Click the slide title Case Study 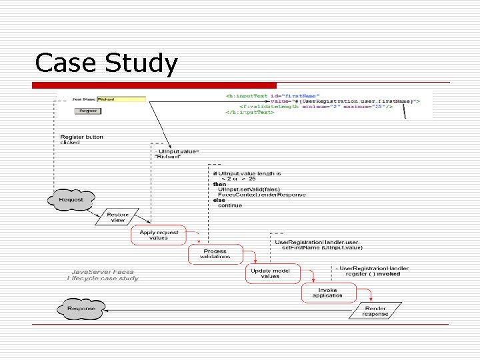107,64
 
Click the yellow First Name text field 121,99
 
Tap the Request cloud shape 71,199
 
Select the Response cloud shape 81,309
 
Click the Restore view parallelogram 117,217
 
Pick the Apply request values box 159,235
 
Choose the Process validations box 214,253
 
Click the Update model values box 270,273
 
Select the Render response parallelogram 375,311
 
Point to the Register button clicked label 81,139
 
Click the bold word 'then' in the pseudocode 219,184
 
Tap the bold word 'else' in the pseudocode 219,200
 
